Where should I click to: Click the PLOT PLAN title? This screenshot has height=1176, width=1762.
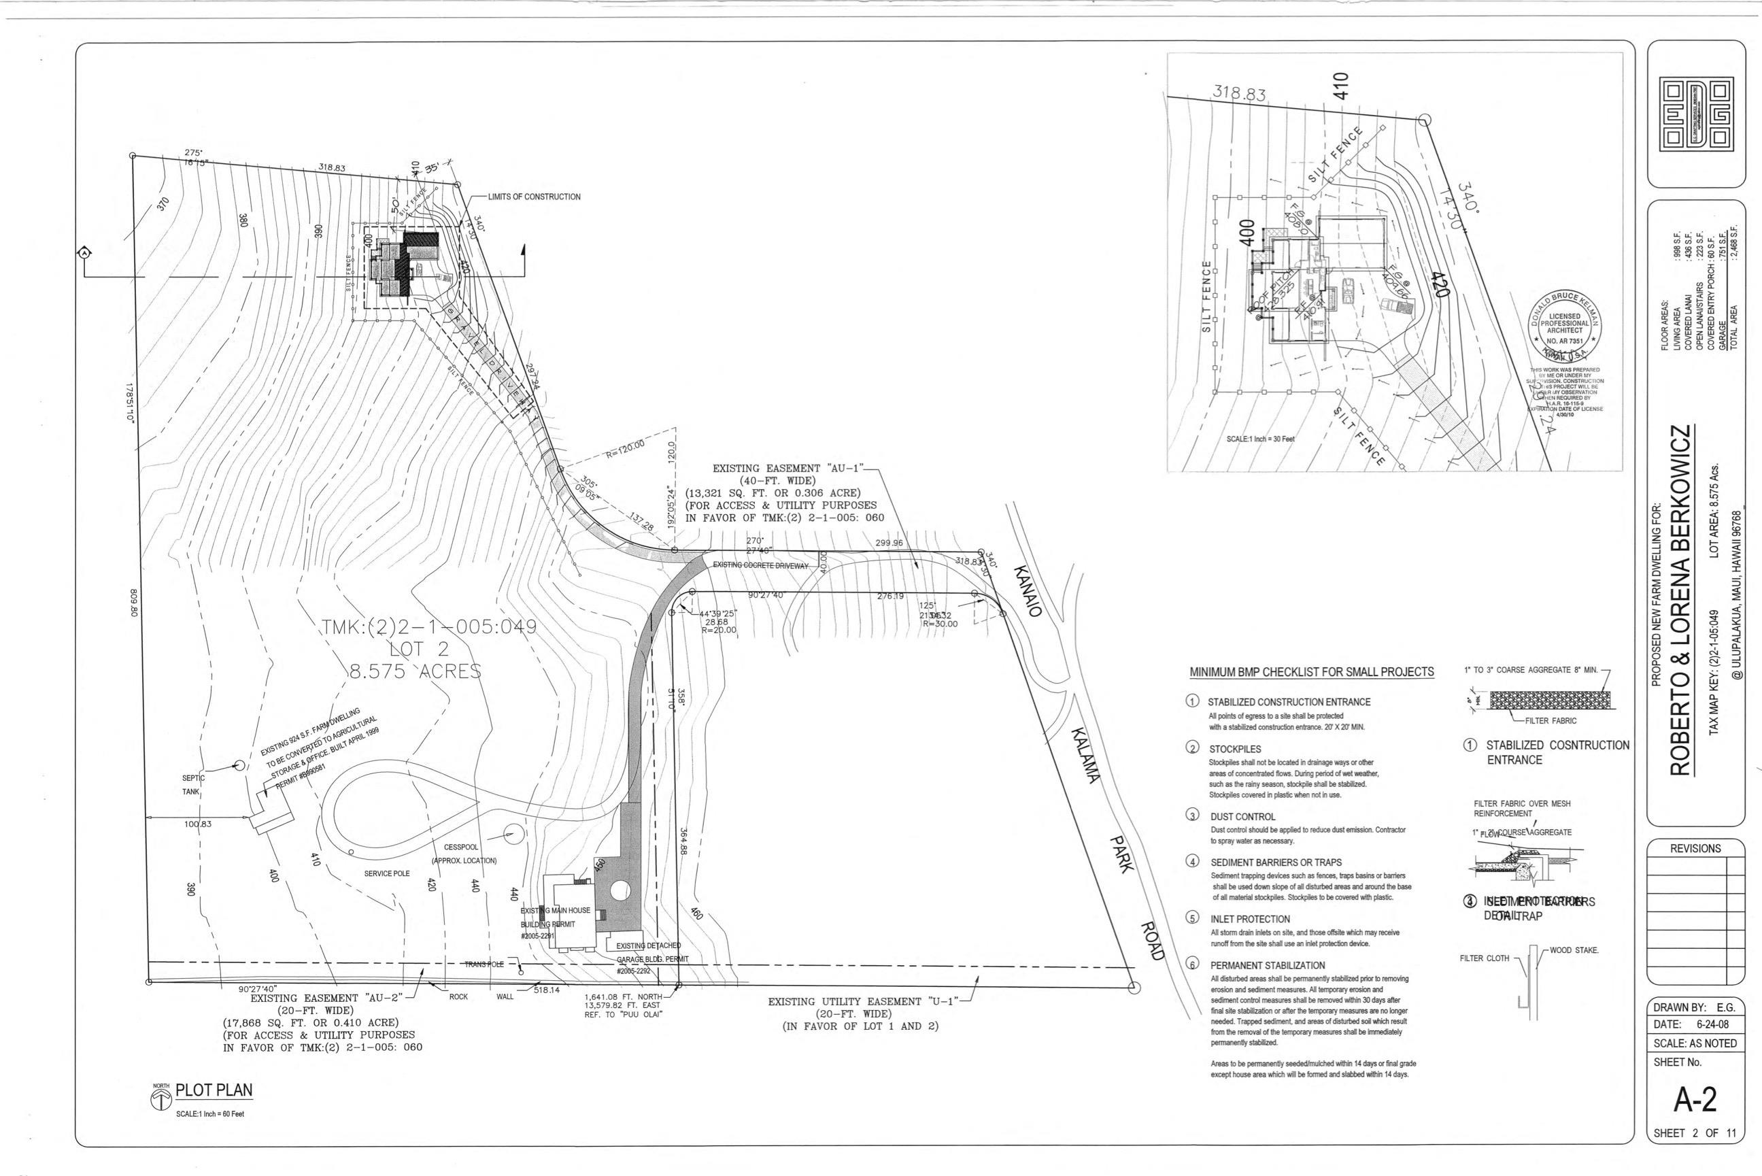click(x=214, y=1090)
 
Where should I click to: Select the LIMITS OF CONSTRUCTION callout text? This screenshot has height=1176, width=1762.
click(x=534, y=197)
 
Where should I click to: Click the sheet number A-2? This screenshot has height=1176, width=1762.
click(x=1695, y=1100)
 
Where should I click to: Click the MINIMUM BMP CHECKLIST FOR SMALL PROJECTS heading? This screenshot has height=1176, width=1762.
click(x=1311, y=672)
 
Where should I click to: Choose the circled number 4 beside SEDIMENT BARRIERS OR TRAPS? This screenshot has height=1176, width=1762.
click(x=1192, y=861)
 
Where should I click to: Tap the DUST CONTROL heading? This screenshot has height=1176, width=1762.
click(x=1242, y=816)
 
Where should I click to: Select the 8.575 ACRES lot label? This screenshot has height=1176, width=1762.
click(x=415, y=671)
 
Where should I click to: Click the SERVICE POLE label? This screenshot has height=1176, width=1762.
click(x=387, y=874)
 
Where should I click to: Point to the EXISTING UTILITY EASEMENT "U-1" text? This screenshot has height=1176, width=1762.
click(x=864, y=1001)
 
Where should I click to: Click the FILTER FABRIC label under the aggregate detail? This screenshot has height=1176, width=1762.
click(x=1551, y=721)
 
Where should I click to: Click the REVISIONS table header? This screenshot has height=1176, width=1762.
click(x=1695, y=848)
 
